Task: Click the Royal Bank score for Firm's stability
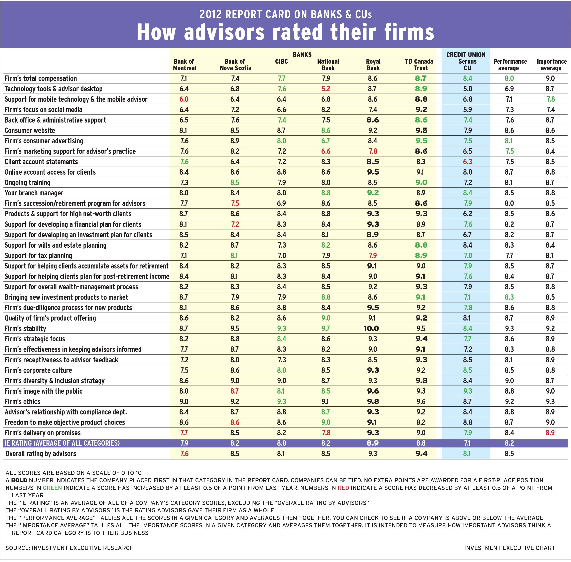(371, 328)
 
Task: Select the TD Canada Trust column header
(419, 65)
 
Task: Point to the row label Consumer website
(30, 131)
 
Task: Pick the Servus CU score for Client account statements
(468, 162)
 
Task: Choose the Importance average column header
(551, 65)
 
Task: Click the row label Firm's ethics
(22, 401)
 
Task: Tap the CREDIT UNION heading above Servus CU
(466, 55)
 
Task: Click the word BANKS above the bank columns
(302, 55)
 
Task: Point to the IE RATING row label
(62, 443)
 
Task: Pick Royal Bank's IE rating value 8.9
(373, 443)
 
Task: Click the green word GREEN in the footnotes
(52, 488)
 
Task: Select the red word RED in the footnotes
(343, 488)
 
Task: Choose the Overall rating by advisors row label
(41, 454)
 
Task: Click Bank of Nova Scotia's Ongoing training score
(235, 182)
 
